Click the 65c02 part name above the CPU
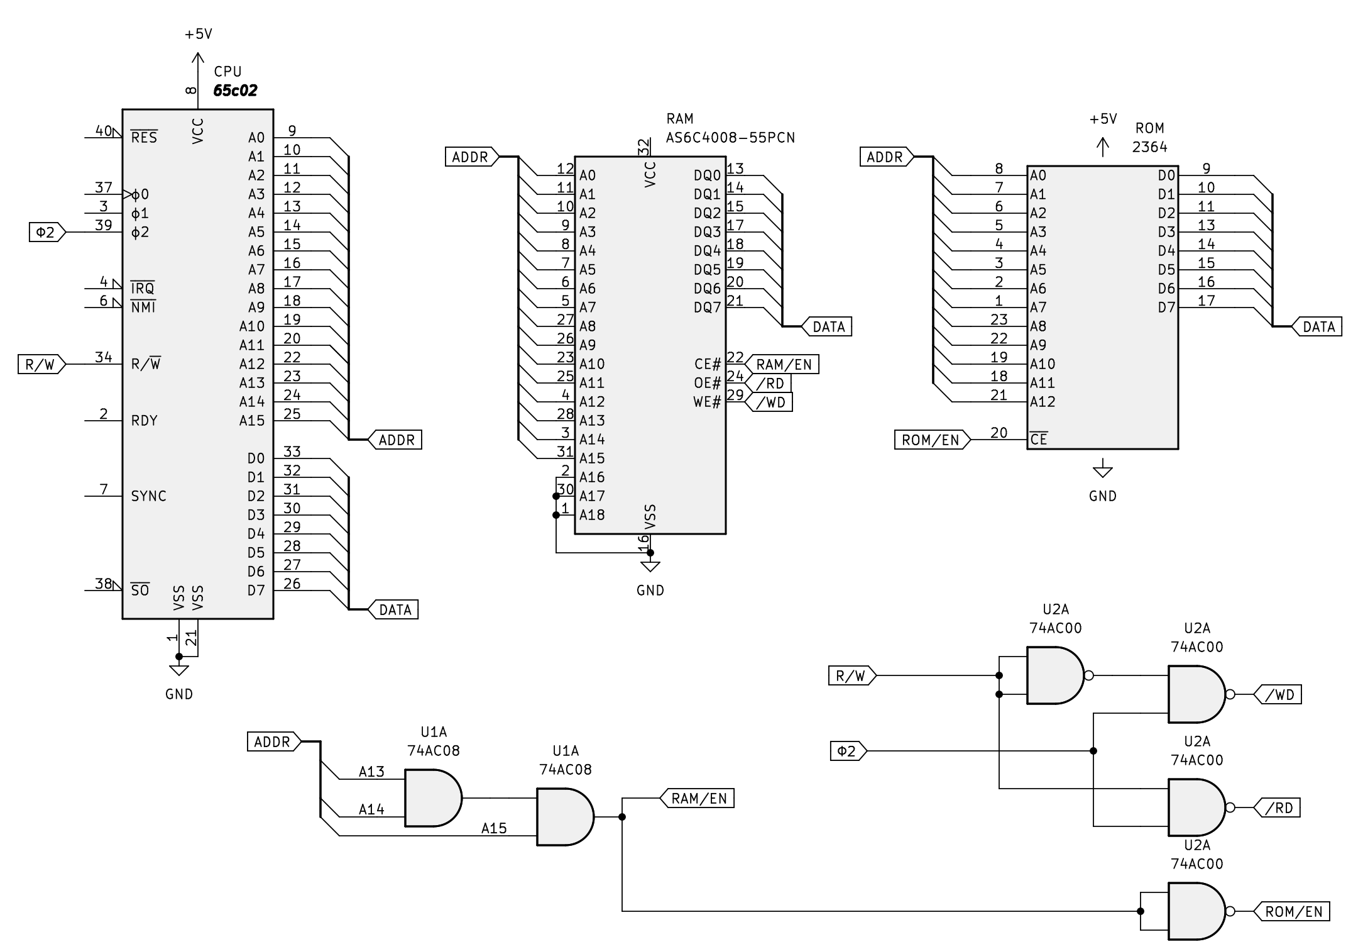(x=235, y=91)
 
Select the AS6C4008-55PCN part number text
(x=730, y=137)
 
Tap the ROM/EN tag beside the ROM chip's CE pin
(x=932, y=440)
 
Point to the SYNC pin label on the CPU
(x=148, y=496)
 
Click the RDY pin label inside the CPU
(x=144, y=421)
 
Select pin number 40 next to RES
(x=103, y=131)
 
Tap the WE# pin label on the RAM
(x=707, y=402)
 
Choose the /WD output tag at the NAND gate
(x=1278, y=694)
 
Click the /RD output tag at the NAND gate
(x=1277, y=807)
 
